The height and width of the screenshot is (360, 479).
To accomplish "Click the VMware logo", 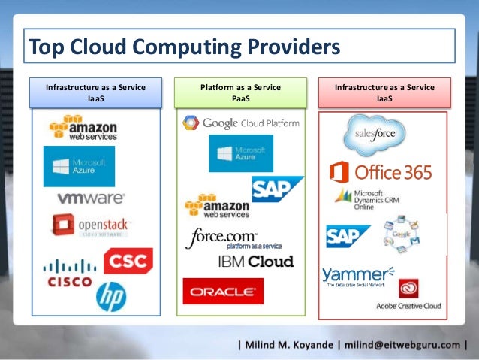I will click(x=91, y=198).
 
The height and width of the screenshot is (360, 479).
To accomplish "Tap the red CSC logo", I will click(x=128, y=262).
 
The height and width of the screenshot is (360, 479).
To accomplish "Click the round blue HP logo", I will click(x=110, y=296).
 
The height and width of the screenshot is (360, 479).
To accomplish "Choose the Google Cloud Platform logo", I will click(x=240, y=123).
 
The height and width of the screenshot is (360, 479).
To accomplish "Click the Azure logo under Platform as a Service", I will click(x=240, y=153).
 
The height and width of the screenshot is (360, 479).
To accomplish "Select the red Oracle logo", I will click(x=223, y=292).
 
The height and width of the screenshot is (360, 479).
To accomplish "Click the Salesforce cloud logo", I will click(x=374, y=135).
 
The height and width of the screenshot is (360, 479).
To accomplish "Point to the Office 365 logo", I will click(x=381, y=172).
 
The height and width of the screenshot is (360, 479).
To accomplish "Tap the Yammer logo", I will click(x=357, y=276).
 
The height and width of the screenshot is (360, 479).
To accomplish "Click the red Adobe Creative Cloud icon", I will click(x=408, y=289).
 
